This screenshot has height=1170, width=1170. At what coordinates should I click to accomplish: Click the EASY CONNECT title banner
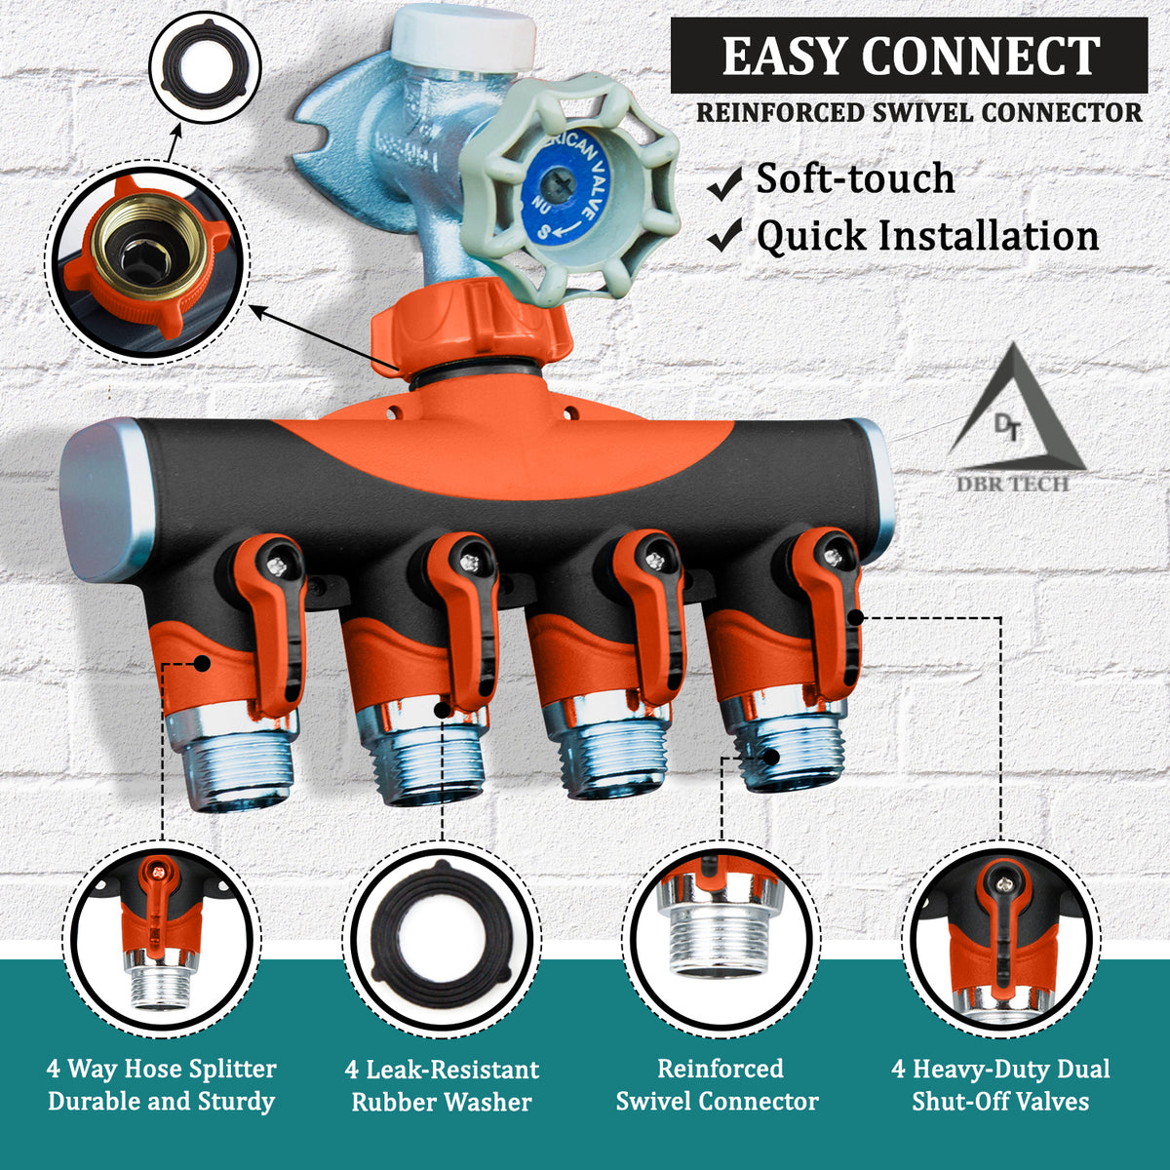(x=909, y=56)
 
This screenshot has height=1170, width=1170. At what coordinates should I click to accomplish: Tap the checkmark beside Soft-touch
(x=724, y=182)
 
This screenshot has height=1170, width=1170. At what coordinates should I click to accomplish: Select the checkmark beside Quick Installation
(x=724, y=236)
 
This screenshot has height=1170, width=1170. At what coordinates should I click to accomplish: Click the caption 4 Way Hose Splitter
(x=162, y=1085)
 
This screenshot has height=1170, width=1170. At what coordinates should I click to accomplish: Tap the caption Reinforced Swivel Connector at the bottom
(x=718, y=1085)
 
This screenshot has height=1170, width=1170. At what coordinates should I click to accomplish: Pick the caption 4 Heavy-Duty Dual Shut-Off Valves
(x=1000, y=1085)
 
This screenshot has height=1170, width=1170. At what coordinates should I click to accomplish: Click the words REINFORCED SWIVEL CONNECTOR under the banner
(x=918, y=112)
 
